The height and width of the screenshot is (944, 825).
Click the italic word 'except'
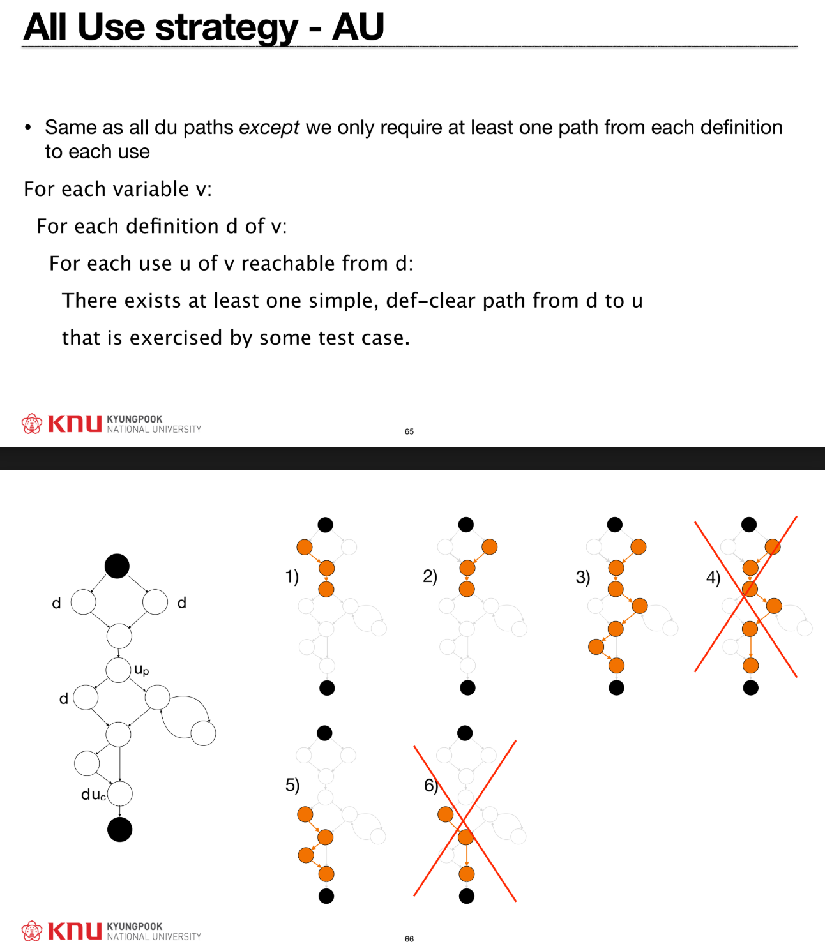pyautogui.click(x=269, y=128)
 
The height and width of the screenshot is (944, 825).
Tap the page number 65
pyautogui.click(x=409, y=431)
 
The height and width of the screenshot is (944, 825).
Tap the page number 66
pyautogui.click(x=409, y=938)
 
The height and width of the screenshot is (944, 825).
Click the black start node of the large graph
pyautogui.click(x=117, y=566)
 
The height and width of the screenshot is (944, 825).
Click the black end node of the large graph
pyautogui.click(x=119, y=829)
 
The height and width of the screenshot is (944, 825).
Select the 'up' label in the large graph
pyautogui.click(x=142, y=670)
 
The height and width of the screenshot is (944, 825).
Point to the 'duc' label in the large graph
pyautogui.click(x=93, y=795)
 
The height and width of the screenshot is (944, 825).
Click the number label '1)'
pyautogui.click(x=292, y=577)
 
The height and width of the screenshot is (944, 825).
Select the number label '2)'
pyautogui.click(x=430, y=576)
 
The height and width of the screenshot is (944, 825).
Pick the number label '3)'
pyautogui.click(x=582, y=578)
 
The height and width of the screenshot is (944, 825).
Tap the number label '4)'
pyautogui.click(x=713, y=578)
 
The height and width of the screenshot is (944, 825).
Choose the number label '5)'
pyautogui.click(x=292, y=785)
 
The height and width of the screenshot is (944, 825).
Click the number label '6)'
pyautogui.click(x=431, y=785)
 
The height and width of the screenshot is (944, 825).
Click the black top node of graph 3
pyautogui.click(x=615, y=525)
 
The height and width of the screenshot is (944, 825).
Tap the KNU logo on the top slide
pyautogui.click(x=61, y=424)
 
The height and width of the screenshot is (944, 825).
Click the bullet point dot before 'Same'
pyautogui.click(x=27, y=128)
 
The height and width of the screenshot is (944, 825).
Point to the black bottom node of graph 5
pyautogui.click(x=326, y=896)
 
